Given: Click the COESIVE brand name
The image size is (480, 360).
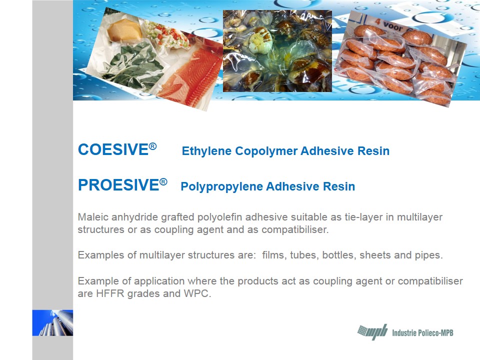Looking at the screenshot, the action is pos(113,149).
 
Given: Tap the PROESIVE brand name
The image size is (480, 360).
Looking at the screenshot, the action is pos(119,185).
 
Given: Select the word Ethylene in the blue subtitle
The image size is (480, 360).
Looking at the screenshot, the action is pos(206,151).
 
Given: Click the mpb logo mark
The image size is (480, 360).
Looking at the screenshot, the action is pos(372,332).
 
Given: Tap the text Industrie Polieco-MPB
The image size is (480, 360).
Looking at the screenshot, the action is pos(422,333).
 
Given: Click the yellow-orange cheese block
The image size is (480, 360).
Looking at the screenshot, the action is pos(124,30).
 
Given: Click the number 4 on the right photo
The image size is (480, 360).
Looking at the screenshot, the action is pos(377,21).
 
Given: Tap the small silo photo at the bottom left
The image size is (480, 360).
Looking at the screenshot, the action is pos(52,323).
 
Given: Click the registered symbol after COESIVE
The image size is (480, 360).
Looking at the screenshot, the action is pos(153,146).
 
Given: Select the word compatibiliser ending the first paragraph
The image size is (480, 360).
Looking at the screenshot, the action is pos(295,229).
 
